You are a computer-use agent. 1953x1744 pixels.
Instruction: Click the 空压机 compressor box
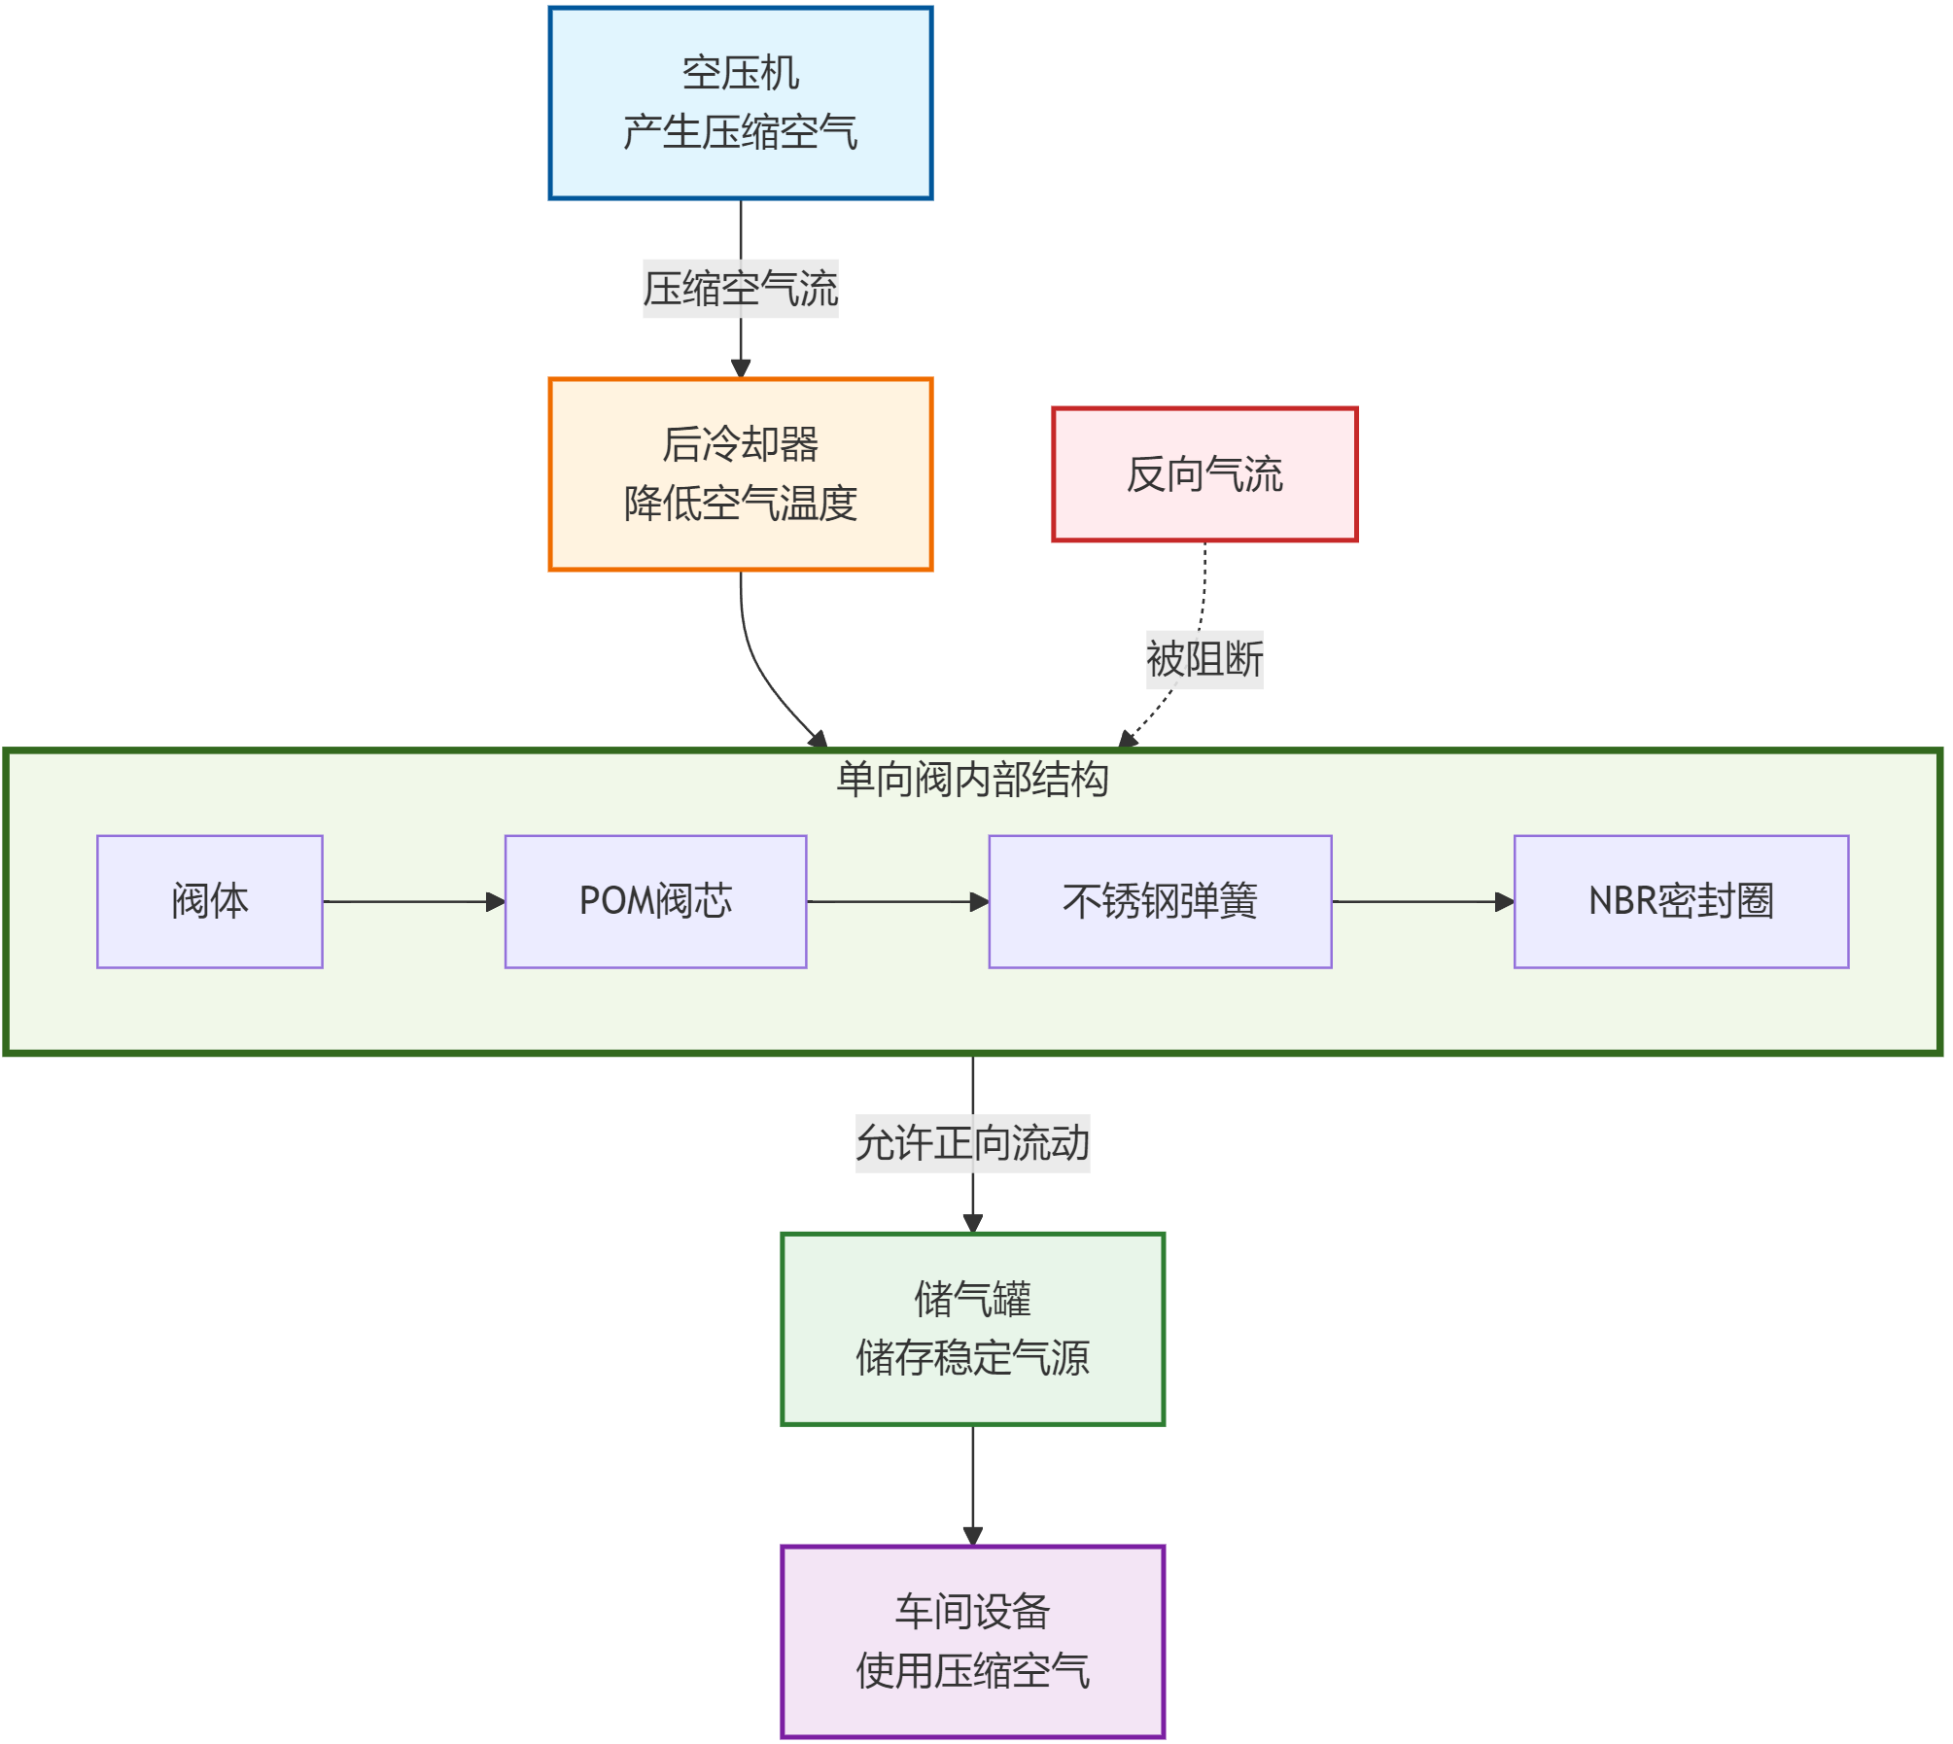coord(740,103)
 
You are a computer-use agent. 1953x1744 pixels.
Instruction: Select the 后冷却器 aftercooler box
coord(740,473)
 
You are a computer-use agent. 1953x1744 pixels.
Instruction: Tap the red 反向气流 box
coord(1203,474)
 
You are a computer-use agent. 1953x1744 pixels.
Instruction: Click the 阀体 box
coord(210,901)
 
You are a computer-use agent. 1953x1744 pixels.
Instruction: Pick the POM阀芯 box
coord(655,901)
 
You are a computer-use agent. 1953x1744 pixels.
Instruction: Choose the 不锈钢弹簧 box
coord(1160,901)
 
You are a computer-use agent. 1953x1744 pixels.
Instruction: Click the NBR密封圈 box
coord(1681,901)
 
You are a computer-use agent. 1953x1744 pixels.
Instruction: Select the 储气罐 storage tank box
coord(972,1329)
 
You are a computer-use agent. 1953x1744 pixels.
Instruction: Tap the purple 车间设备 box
coord(972,1641)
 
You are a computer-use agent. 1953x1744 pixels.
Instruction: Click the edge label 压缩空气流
coord(740,289)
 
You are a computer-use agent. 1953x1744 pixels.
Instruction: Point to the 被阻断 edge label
coord(1203,659)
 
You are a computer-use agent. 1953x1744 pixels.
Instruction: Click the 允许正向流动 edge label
coord(972,1143)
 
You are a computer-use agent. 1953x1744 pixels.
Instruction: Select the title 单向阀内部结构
coord(972,780)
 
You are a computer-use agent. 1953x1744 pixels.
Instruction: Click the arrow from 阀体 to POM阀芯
coord(413,902)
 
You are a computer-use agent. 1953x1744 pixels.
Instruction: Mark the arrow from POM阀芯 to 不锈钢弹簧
coord(897,902)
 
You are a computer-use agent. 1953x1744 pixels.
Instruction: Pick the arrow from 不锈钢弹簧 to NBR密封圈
coord(1422,902)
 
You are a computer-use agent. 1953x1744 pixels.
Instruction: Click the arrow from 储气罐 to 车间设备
coord(973,1484)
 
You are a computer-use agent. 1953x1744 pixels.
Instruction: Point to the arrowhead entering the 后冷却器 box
coord(741,368)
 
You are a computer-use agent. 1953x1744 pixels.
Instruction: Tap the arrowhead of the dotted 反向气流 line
coord(1128,740)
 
